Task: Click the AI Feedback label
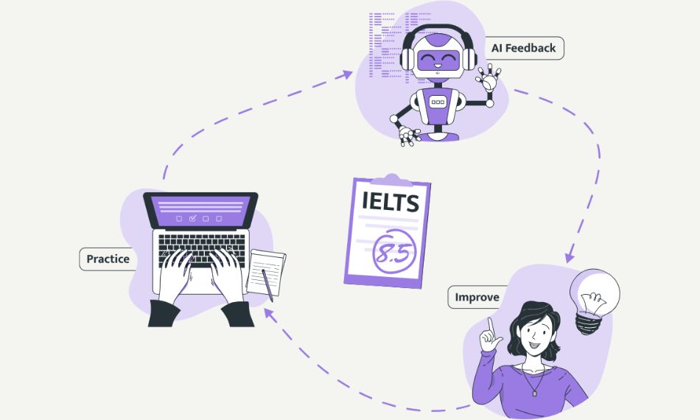[524, 48]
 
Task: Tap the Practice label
[108, 259]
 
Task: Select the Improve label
[477, 297]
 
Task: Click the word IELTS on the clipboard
[391, 202]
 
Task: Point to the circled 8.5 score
[393, 252]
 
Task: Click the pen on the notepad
[267, 285]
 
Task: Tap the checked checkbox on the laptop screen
[192, 218]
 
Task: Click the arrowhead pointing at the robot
[346, 74]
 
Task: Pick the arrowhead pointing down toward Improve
[569, 258]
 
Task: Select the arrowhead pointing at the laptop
[268, 313]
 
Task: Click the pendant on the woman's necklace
[535, 393]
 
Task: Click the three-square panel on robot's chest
[438, 102]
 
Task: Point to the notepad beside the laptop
[266, 273]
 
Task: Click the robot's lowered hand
[408, 136]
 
